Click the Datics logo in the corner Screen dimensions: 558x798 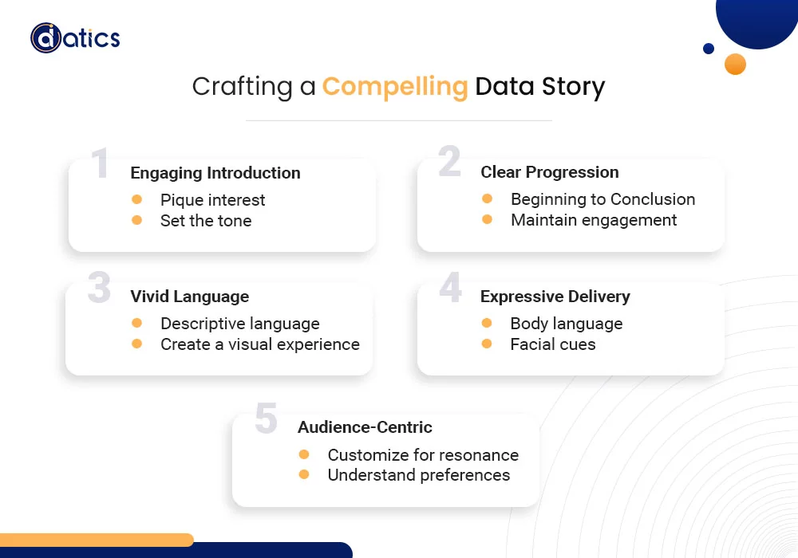[x=75, y=37]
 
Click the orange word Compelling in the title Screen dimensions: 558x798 [x=395, y=86]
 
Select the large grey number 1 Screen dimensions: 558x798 [x=100, y=163]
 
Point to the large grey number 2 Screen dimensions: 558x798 [x=449, y=162]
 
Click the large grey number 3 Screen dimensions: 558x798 [x=99, y=288]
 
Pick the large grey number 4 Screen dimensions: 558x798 [x=450, y=287]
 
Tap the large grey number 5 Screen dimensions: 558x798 [x=266, y=419]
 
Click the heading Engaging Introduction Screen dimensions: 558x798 [x=215, y=173]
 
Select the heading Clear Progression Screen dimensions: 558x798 [x=549, y=172]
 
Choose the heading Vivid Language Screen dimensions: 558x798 [x=190, y=297]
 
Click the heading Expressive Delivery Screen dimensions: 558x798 [x=555, y=297]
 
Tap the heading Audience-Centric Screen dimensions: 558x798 [x=365, y=427]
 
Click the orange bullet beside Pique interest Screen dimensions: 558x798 [x=136, y=199]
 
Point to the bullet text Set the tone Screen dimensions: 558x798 [x=206, y=221]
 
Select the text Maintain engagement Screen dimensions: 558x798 [x=594, y=220]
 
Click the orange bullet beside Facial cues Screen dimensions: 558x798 [x=487, y=344]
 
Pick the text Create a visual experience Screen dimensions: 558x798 [x=260, y=344]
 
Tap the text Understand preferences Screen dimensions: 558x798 [x=419, y=475]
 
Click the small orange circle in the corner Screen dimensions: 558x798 [x=735, y=65]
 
